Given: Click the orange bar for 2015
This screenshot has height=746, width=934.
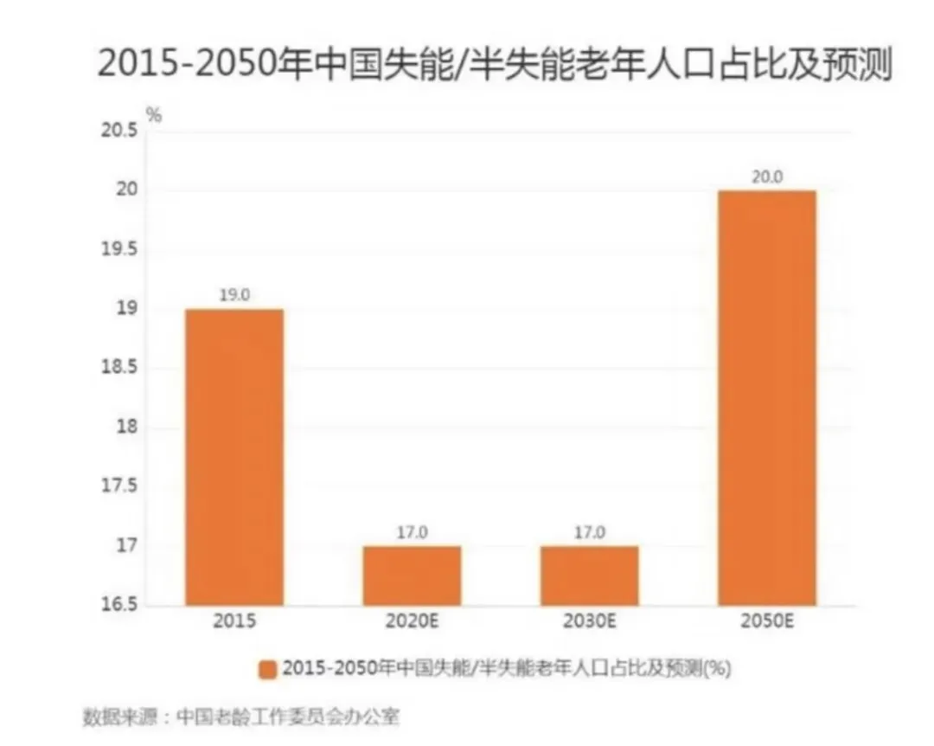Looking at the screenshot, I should coord(234,457).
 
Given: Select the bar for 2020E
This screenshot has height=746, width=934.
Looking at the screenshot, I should coord(412,576).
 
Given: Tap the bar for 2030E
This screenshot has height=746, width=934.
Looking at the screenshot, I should coord(589,576).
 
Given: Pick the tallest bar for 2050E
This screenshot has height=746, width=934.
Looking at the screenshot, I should coord(766,398).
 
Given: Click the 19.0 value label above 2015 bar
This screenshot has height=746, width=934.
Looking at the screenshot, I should coord(234,295).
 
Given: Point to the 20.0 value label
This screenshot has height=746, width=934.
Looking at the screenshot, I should coord(766,177).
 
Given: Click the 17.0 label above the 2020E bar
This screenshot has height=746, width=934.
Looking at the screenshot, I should coord(412,532).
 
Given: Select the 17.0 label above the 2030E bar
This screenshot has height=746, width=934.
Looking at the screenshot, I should coord(589,532).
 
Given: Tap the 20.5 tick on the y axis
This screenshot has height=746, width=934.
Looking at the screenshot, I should coord(120,132).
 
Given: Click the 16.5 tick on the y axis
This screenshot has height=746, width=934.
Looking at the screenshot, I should coord(120,604).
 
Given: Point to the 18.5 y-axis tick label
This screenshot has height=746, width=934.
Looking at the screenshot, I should coord(120,369).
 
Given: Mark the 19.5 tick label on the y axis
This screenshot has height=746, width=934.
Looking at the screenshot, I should coord(120,250).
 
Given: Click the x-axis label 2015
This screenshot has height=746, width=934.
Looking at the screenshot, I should coord(234,621).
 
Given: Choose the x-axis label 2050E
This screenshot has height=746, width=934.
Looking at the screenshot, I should coord(766,621).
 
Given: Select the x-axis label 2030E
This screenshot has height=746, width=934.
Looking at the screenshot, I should coord(589,621).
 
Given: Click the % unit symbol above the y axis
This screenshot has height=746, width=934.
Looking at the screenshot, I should coord(153,113).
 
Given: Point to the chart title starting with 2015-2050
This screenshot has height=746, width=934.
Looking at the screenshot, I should coord(494,65).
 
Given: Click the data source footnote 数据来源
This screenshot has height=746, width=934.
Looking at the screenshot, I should coord(241,717).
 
